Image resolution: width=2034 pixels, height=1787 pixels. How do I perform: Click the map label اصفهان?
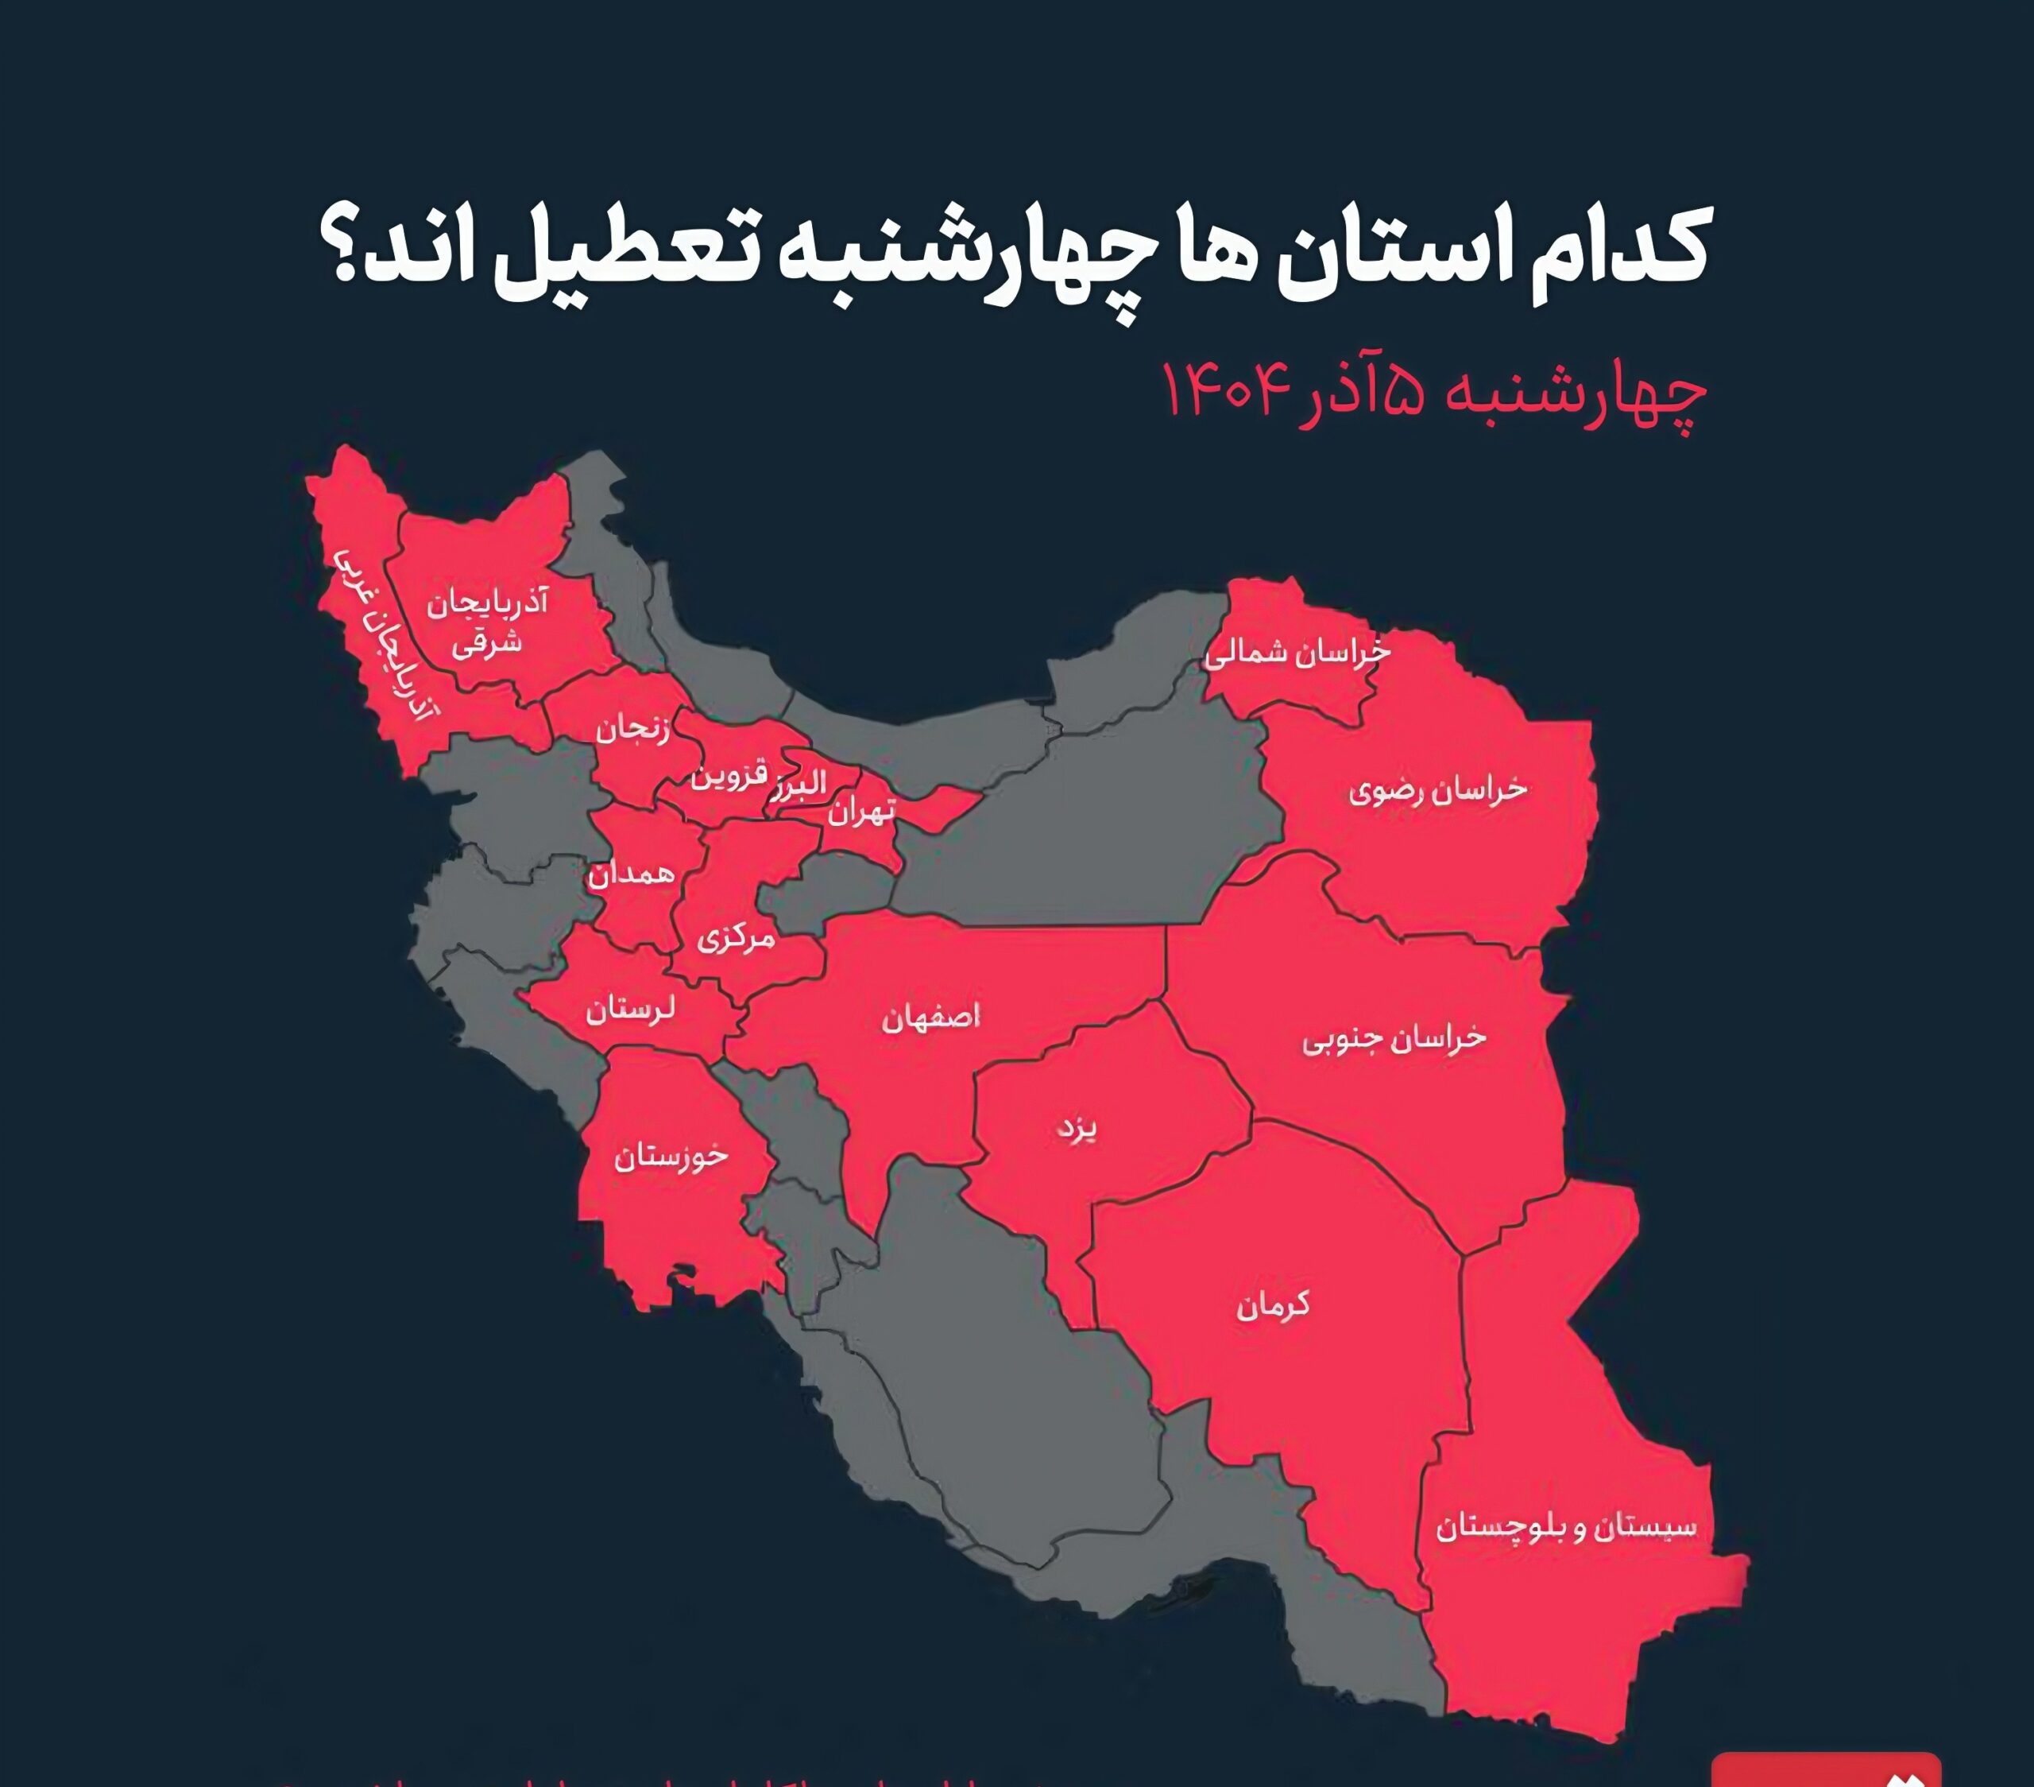point(930,1018)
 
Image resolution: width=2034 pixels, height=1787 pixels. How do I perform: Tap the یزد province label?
point(1077,1129)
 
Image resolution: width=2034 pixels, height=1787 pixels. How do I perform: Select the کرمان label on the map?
point(1273,1305)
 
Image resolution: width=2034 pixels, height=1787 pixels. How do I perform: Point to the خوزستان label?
point(671,1157)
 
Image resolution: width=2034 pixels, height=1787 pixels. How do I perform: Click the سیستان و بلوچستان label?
point(1565,1526)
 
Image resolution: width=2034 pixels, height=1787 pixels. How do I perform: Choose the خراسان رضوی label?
point(1437,790)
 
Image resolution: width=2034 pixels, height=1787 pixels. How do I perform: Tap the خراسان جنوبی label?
point(1393,1038)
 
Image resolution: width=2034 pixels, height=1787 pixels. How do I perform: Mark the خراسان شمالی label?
point(1297,653)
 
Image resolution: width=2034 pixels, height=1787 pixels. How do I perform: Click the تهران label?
point(862,813)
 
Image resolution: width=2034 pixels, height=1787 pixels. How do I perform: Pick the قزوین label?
point(729,776)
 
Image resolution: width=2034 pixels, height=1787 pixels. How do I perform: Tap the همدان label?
point(631,874)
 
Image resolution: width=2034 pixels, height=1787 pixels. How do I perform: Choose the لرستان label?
point(630,1010)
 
